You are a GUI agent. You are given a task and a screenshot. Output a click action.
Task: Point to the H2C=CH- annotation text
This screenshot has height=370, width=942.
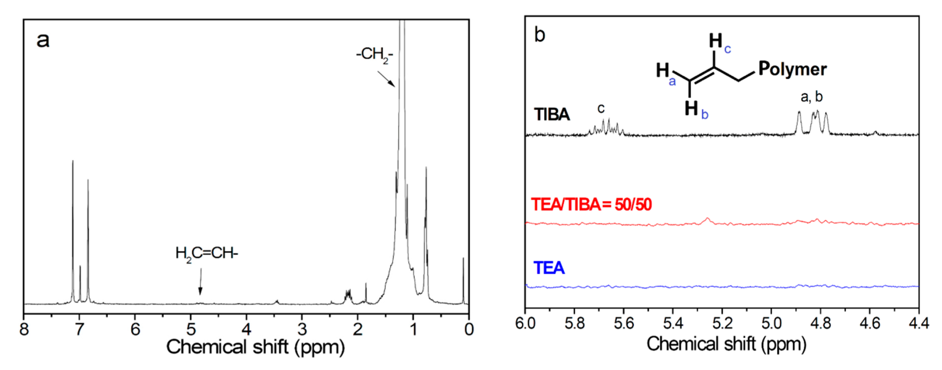pyautogui.click(x=207, y=253)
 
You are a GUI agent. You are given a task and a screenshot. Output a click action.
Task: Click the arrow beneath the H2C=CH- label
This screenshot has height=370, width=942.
pyautogui.click(x=200, y=282)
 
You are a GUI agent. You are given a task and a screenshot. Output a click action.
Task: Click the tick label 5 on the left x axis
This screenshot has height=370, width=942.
pyautogui.click(x=191, y=329)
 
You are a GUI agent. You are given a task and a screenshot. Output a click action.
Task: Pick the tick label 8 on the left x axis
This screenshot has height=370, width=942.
pyautogui.click(x=24, y=329)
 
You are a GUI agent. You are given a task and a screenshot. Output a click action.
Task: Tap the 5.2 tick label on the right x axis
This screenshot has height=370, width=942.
pyautogui.click(x=722, y=323)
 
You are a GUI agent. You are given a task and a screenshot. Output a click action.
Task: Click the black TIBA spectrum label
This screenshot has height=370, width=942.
pyautogui.click(x=551, y=115)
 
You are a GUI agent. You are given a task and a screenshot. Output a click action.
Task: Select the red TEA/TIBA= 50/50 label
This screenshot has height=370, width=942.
pyautogui.click(x=591, y=204)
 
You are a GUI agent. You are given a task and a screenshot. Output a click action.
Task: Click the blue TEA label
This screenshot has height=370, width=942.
pyautogui.click(x=548, y=268)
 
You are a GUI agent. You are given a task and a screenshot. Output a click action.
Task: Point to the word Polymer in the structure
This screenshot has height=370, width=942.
pyautogui.click(x=792, y=69)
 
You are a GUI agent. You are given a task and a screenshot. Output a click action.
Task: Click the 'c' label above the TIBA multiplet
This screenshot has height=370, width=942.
pyautogui.click(x=601, y=108)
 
